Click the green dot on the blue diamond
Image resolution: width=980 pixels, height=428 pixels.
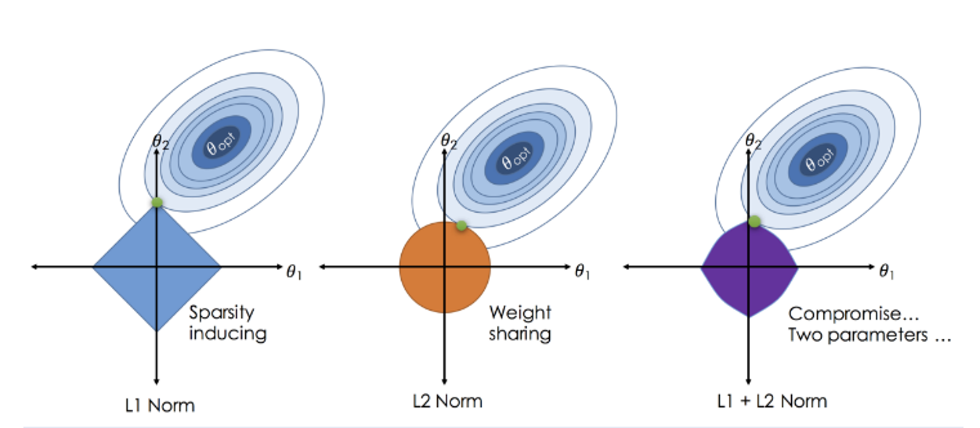click(x=157, y=202)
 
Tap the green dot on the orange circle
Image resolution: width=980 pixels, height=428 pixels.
click(x=461, y=226)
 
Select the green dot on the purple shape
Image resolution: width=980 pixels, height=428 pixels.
click(x=755, y=221)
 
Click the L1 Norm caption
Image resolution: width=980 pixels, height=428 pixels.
click(x=160, y=405)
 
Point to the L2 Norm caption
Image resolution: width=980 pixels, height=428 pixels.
click(x=447, y=401)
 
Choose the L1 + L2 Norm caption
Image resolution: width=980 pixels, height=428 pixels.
click(x=772, y=401)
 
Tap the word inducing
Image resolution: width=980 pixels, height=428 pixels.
click(x=228, y=333)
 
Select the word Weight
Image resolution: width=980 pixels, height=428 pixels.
click(x=520, y=312)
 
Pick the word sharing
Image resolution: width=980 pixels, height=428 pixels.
click(x=520, y=334)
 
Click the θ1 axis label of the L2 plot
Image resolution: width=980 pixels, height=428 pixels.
click(x=582, y=271)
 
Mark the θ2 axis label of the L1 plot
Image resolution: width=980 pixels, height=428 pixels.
click(x=161, y=142)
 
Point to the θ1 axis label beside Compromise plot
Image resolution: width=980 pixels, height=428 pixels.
click(x=886, y=271)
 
